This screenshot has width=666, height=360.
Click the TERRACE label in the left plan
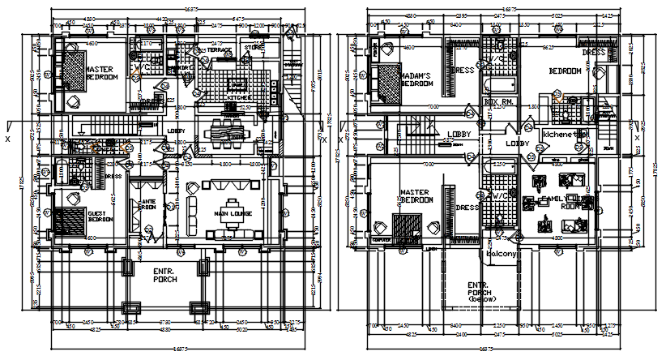[x=218, y=50]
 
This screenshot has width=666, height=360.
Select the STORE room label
[x=254, y=48]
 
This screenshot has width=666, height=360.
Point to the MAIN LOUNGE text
[x=233, y=214]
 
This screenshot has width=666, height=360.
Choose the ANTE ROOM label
[x=148, y=205]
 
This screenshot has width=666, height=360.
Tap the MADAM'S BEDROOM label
[x=416, y=79]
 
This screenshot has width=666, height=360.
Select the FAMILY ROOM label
[x=559, y=202]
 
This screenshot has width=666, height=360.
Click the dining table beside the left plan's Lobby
[x=228, y=131]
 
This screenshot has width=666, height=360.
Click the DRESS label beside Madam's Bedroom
[x=463, y=71]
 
